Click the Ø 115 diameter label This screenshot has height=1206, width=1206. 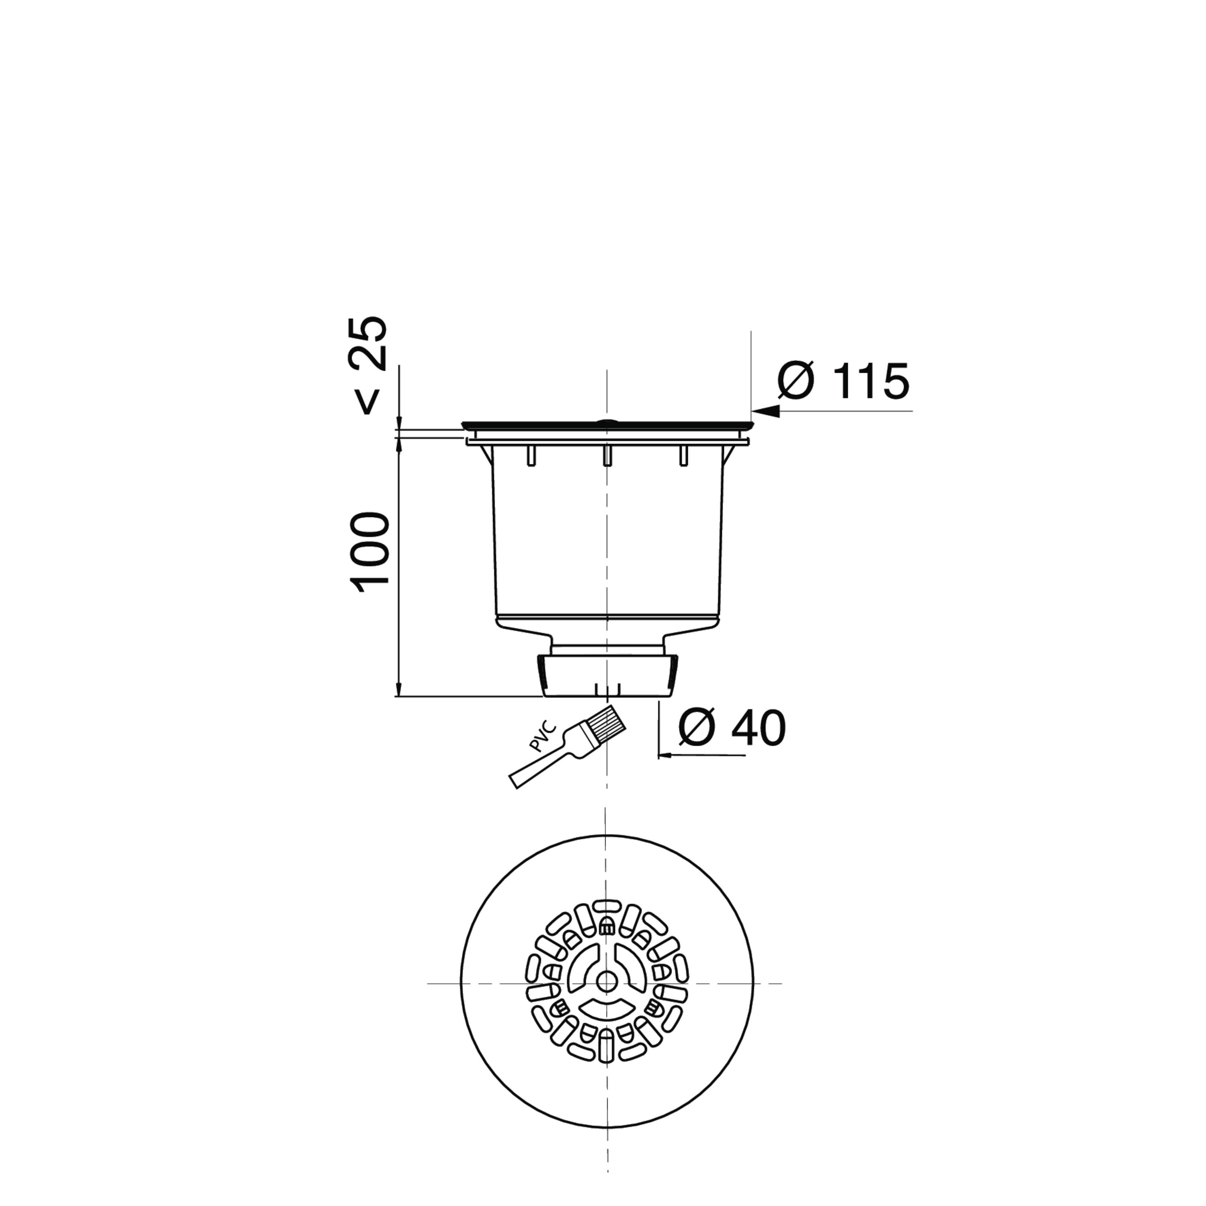[x=843, y=380]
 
